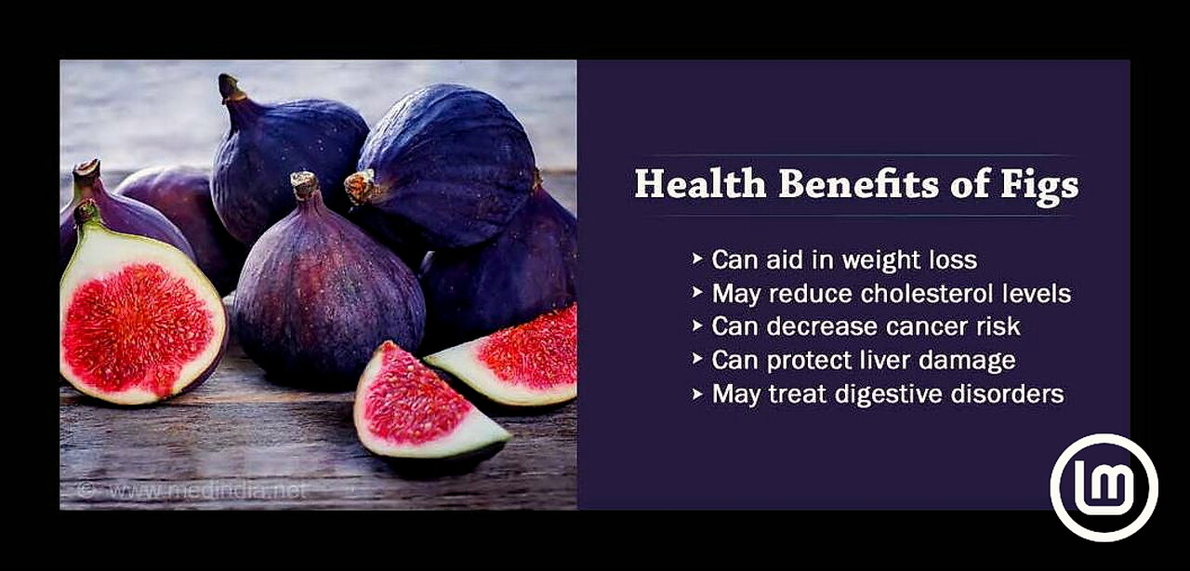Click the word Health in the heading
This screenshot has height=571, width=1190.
(x=700, y=184)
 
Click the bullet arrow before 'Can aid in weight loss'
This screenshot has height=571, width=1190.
(x=697, y=259)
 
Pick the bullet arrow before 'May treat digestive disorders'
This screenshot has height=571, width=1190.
(x=697, y=394)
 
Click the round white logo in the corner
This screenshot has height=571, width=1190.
(x=1104, y=487)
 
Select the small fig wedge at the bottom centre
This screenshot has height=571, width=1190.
(x=425, y=403)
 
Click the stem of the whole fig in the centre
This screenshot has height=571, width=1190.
(x=305, y=186)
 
